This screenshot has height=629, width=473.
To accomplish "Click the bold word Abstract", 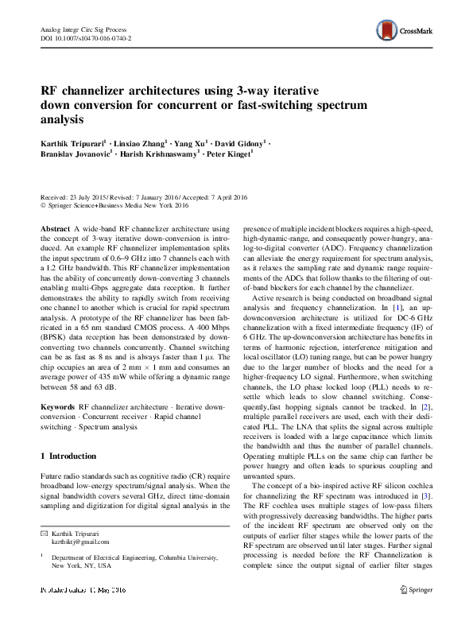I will point(56,227).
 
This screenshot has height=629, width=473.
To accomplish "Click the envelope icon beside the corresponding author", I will point(45,530).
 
